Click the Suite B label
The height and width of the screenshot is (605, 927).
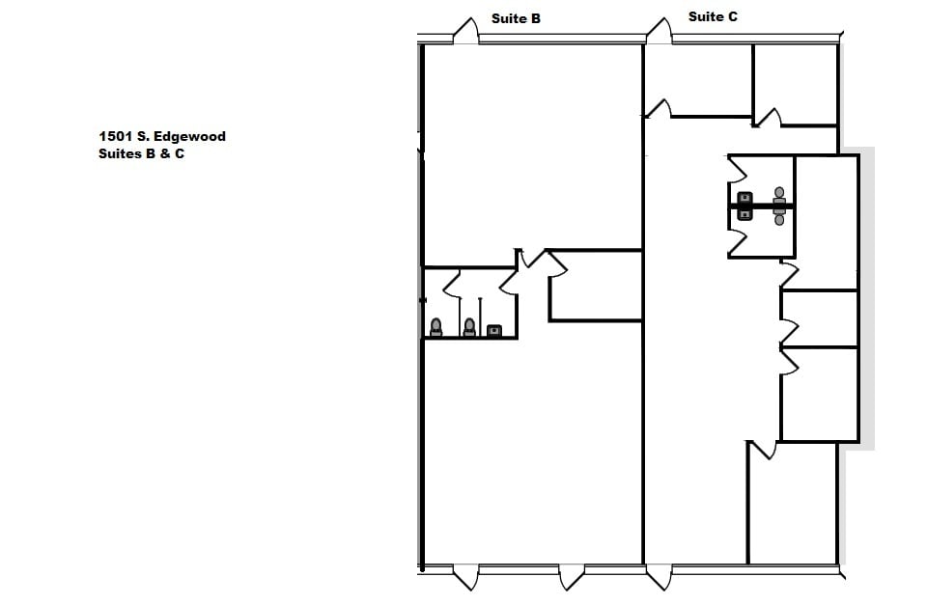516,18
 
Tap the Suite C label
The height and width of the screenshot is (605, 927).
713,16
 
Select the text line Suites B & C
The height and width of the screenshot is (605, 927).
141,153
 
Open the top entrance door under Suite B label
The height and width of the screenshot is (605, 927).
465,31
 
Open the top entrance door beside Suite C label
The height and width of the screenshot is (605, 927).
660,31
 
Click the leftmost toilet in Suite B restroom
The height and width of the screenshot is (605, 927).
435,328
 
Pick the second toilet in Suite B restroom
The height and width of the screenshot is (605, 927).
469,328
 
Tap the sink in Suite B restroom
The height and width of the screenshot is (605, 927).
494,330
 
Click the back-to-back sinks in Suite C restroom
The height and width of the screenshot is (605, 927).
744,206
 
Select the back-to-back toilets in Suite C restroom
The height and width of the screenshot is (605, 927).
779,206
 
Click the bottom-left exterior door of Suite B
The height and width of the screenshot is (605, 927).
465,577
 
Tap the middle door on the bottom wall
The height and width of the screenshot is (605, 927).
571,577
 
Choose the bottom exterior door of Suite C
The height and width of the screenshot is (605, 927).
660,577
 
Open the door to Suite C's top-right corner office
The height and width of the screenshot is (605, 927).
767,119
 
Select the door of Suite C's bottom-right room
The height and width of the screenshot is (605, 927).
763,451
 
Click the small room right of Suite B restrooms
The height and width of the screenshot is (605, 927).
595,286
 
